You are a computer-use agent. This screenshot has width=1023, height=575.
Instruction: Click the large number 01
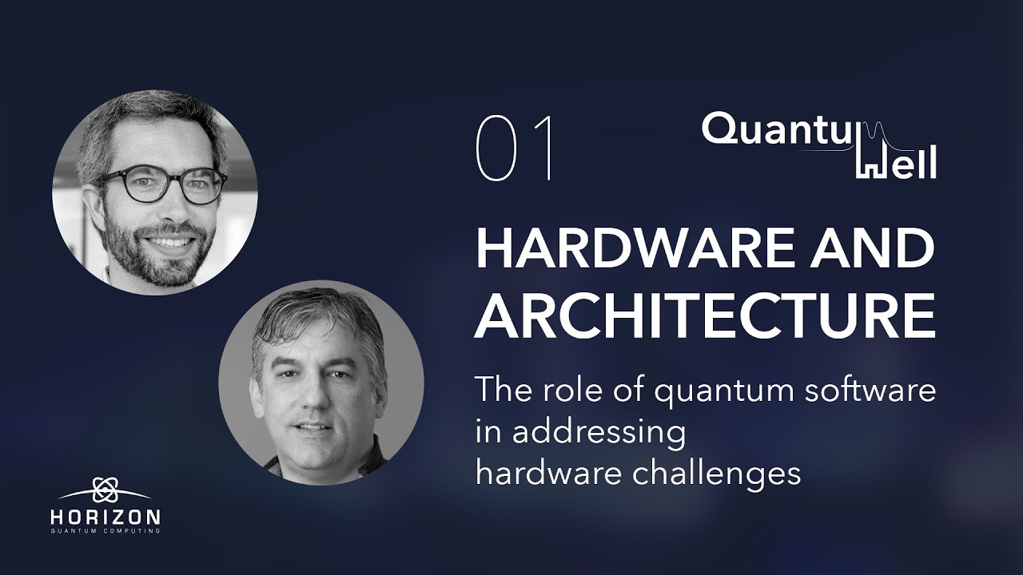click(515, 149)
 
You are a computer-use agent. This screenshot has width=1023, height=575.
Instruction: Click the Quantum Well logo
click(819, 144)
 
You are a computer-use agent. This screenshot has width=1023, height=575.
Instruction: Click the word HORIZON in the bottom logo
click(105, 517)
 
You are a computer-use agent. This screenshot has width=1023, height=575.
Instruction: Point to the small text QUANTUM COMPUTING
click(105, 531)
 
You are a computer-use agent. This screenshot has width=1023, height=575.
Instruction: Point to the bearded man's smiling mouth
click(169, 240)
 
